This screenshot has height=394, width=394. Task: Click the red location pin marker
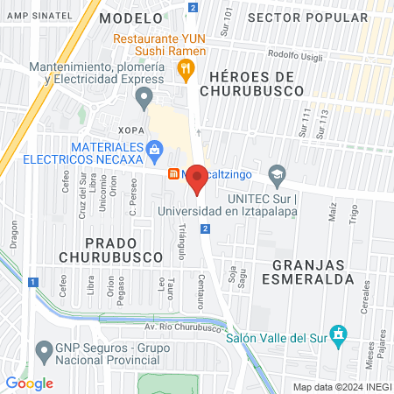tap(198, 179)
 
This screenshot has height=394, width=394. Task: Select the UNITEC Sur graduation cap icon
tap(277, 173)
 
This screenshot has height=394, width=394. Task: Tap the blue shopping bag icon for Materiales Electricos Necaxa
tap(155, 150)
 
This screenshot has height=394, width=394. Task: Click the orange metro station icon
tap(174, 173)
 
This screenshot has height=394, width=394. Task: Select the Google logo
tap(29, 383)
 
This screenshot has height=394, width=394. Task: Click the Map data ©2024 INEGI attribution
tap(340, 387)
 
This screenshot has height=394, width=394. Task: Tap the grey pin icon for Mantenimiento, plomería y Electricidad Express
tap(147, 95)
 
